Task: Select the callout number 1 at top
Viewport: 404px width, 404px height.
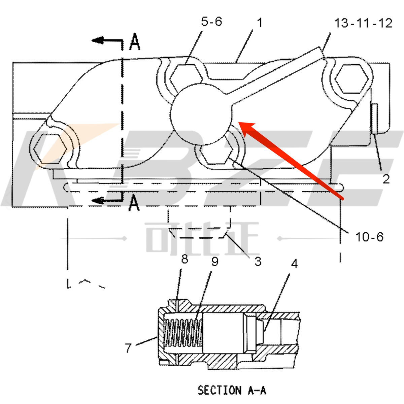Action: coord(259,23)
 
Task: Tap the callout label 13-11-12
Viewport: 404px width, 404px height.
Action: coord(363,23)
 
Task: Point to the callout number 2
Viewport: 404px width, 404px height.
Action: coord(386,179)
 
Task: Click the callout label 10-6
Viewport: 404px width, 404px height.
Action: coord(369,237)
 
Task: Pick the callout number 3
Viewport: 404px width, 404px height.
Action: coord(258,261)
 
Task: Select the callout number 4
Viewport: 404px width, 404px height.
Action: coord(294,264)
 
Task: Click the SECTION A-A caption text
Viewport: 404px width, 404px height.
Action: coord(232,390)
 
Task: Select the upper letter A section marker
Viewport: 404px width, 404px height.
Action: coord(135,42)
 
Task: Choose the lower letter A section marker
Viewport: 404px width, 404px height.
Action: coord(134,203)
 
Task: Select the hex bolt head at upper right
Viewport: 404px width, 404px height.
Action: coord(351,78)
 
